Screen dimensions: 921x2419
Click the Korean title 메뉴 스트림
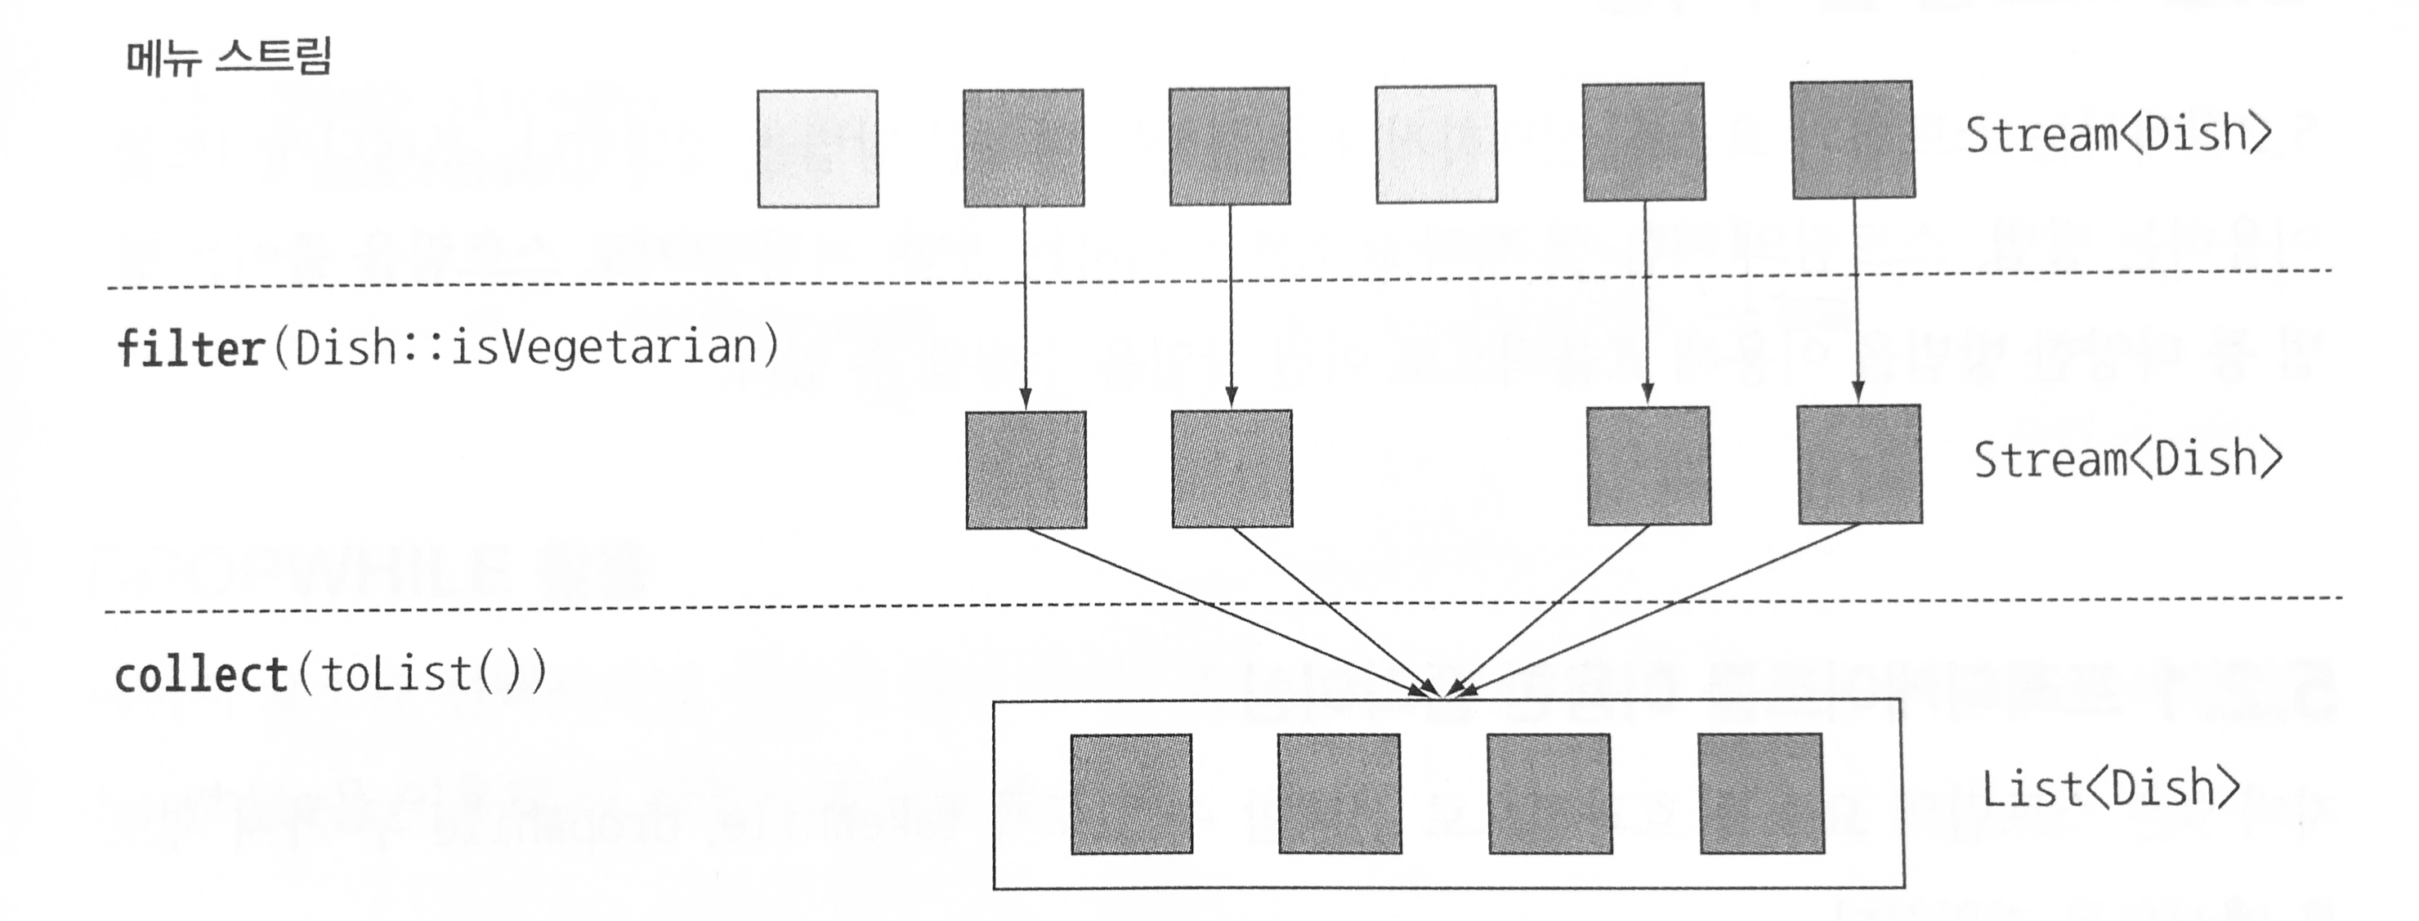pyautogui.click(x=228, y=56)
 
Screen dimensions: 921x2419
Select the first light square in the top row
pyautogui.click(x=818, y=149)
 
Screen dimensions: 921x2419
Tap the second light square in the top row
pyautogui.click(x=1436, y=145)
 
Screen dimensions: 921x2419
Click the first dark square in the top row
pyautogui.click(x=1023, y=147)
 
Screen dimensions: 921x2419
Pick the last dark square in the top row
pyautogui.click(x=1853, y=140)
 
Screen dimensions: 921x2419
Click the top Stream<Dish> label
pyautogui.click(x=2117, y=134)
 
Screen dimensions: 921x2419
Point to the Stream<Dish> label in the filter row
pyautogui.click(x=2127, y=459)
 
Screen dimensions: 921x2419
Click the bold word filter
pyautogui.click(x=190, y=348)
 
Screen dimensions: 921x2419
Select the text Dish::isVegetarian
pyautogui.click(x=525, y=346)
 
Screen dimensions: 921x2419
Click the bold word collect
pyautogui.click(x=201, y=674)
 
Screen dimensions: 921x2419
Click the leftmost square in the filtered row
pyautogui.click(x=1026, y=469)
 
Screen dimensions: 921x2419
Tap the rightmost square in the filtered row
pyautogui.click(x=1859, y=464)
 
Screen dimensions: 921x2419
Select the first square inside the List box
pyautogui.click(x=1132, y=794)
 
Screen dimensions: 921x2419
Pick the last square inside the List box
pyautogui.click(x=1762, y=794)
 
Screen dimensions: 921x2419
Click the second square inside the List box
pyautogui.click(x=1339, y=794)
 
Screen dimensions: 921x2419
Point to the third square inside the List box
pyautogui.click(x=1549, y=794)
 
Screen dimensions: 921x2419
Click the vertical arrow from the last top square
pyautogui.click(x=1856, y=301)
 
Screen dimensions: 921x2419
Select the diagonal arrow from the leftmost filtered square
pyautogui.click(x=1221, y=610)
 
